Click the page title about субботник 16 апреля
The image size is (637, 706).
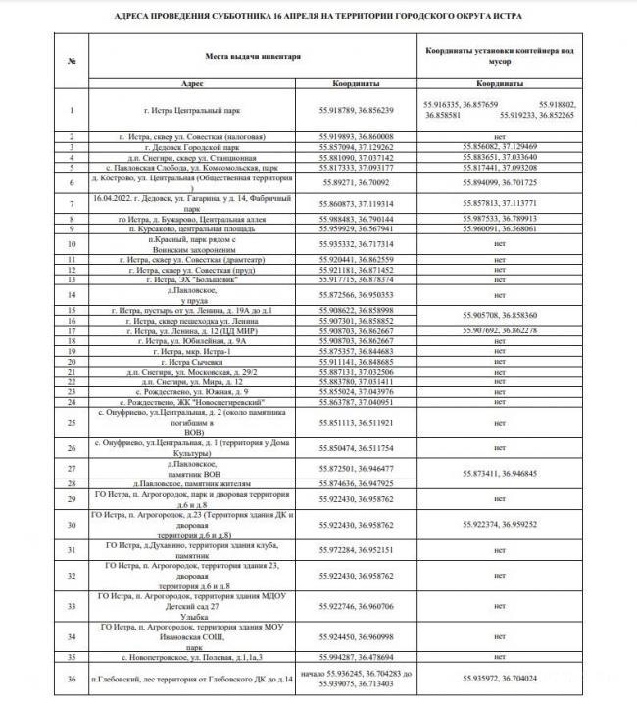[318, 17]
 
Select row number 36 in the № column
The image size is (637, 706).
[73, 678]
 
